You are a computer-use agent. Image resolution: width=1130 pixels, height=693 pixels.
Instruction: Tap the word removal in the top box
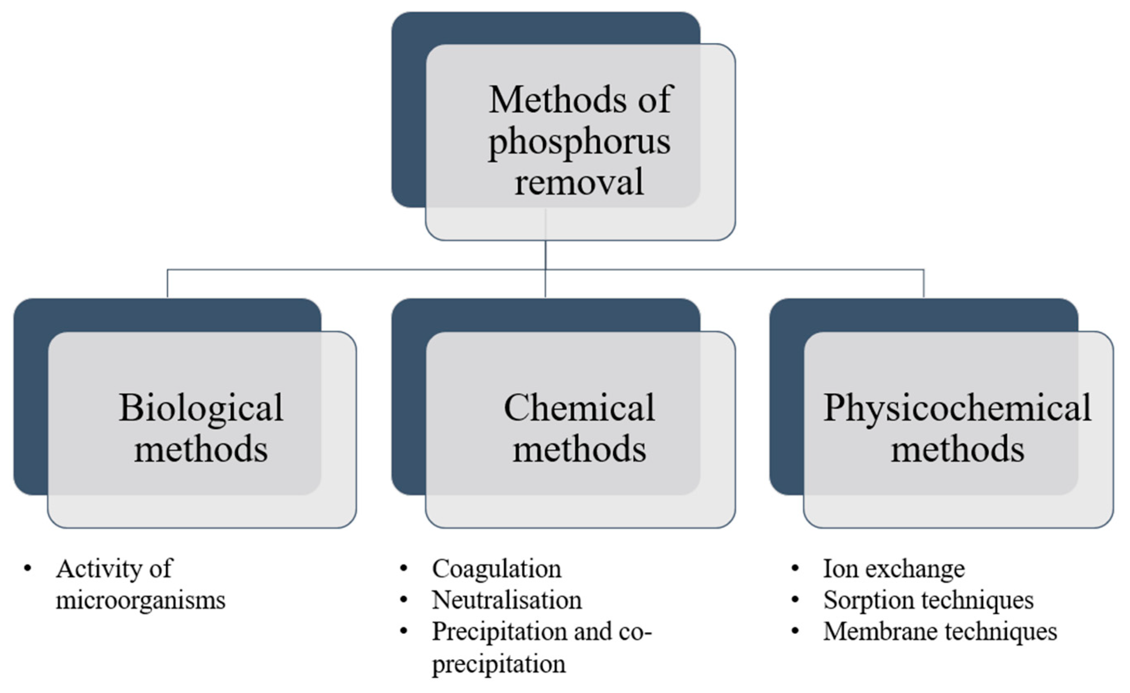coord(579,182)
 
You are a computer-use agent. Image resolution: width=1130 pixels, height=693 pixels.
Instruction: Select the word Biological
coord(201,408)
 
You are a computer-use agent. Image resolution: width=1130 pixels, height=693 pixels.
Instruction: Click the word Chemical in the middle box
coord(579,408)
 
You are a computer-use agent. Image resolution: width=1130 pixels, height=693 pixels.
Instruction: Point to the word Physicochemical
coord(957,408)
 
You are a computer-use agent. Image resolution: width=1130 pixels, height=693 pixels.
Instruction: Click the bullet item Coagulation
coord(496,569)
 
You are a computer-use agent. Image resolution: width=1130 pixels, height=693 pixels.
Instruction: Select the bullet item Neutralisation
coord(507,600)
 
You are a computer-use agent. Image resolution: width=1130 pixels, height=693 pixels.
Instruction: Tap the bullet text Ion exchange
coord(894,569)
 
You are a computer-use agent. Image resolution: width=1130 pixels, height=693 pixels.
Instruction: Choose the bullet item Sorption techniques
coord(928,600)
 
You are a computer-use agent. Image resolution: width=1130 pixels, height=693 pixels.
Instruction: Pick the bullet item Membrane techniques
coord(940,631)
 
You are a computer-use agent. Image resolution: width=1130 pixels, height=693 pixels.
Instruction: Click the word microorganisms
coord(140,600)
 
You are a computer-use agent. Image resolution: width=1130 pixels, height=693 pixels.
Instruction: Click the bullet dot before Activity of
coord(28,569)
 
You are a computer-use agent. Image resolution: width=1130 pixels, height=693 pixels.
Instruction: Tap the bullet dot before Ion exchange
coord(795,569)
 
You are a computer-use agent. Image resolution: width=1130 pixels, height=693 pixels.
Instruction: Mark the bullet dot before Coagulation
coord(404,569)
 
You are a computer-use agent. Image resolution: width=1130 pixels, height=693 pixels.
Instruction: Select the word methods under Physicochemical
coord(957,449)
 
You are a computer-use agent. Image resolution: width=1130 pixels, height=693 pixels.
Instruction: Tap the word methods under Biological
coord(201,449)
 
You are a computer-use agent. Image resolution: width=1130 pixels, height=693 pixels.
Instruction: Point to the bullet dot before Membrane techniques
coord(795,631)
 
